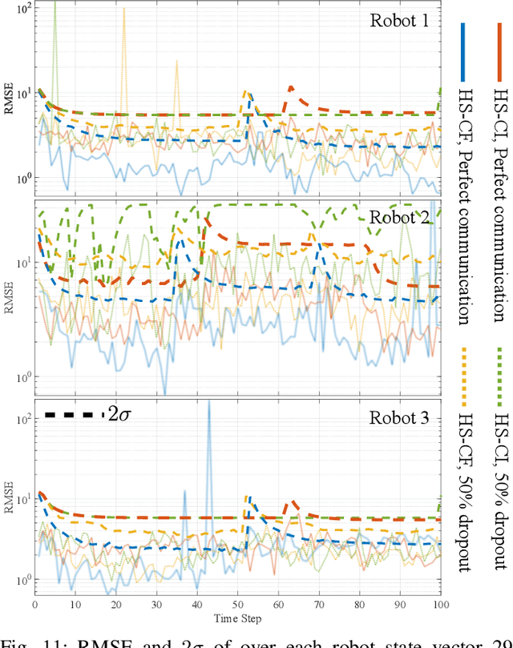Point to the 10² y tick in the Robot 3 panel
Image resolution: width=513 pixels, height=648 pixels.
point(22,419)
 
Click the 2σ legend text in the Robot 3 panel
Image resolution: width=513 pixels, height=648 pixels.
point(119,414)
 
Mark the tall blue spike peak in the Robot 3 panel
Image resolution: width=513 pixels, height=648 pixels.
point(209,400)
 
